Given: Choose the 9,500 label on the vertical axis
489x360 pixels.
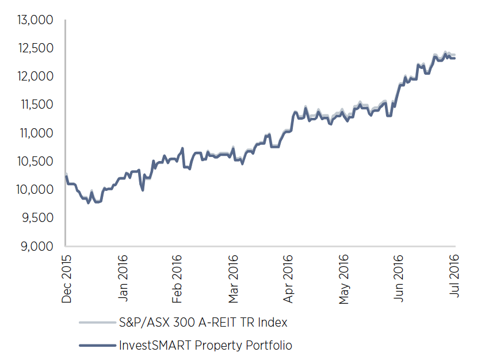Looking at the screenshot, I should (37, 218).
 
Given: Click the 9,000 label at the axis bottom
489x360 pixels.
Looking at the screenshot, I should (37, 246).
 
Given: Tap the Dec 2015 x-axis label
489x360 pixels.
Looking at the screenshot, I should (66, 279).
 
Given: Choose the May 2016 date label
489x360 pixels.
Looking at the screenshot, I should (345, 279).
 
